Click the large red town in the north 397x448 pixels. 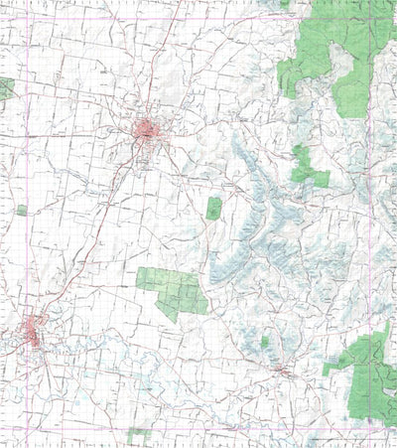click(150, 130)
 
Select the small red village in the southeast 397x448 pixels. click(284, 372)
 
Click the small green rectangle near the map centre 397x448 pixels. click(213, 209)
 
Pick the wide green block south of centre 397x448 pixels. click(172, 290)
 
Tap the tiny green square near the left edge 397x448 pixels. click(22, 211)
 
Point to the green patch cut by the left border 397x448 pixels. click(5, 89)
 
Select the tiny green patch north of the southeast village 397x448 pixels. click(265, 342)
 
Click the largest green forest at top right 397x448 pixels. click(332, 55)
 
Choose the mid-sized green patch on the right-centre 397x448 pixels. click(308, 167)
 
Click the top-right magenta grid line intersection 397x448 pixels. click(371, 22)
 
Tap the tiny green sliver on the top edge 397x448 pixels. click(285, 4)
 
